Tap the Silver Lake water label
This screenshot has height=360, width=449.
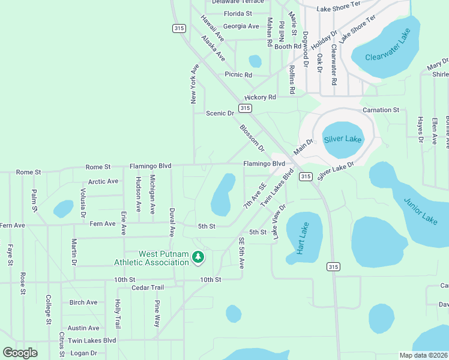tap(343, 139)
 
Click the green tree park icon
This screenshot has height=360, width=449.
tap(198, 257)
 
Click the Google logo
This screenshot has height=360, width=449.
tap(20, 353)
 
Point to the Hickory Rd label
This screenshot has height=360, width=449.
tap(260, 97)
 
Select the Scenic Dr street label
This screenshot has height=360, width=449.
tap(220, 113)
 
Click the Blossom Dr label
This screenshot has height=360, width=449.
tap(252, 137)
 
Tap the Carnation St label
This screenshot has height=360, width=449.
tap(381, 110)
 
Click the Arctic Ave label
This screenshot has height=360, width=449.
tap(103, 181)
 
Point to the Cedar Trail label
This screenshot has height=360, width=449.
tap(148, 287)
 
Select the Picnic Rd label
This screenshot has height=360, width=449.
tap(238, 75)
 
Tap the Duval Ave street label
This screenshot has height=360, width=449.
tap(172, 221)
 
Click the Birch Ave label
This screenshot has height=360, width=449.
tap(83, 302)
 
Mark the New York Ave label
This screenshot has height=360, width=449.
tap(194, 84)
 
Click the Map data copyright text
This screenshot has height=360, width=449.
tap(424, 355)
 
